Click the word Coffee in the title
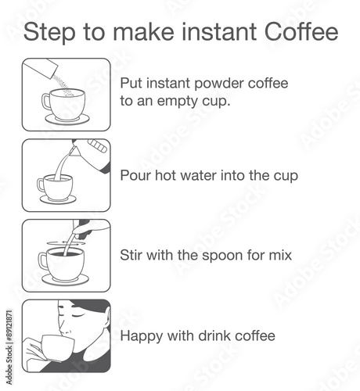pos(301,32)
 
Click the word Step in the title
pos(49,33)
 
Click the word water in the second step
pos(198,175)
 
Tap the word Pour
pos(135,175)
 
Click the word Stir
pos(131,255)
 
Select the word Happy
pos(142,336)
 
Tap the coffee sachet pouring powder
pos(40,67)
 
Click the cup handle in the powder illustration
pos(46,102)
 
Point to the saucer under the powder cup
pos(67,119)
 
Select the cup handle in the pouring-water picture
pos(41,185)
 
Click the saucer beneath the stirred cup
pos(66,280)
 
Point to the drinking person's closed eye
pos(78,316)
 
